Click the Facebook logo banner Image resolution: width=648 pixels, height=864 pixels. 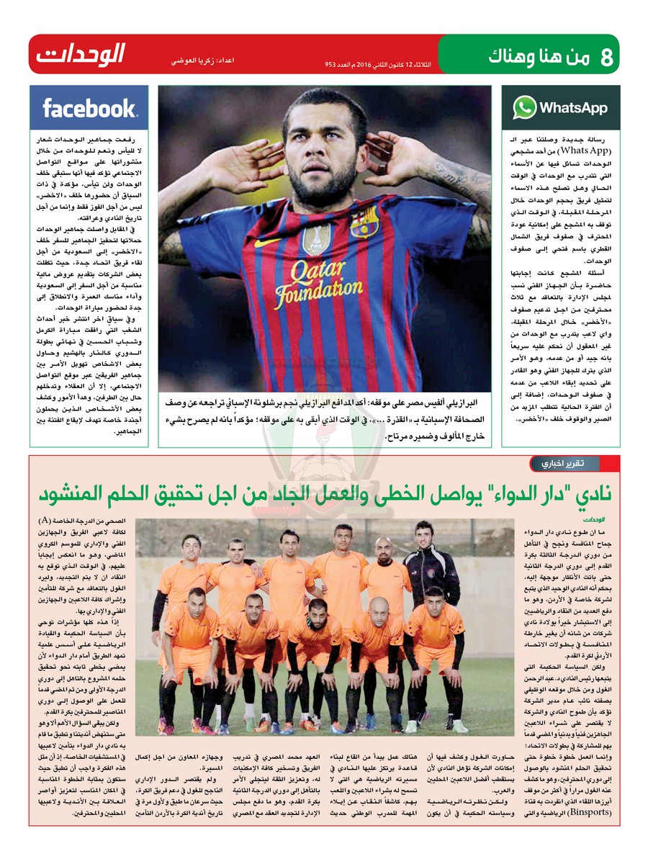pos(89,108)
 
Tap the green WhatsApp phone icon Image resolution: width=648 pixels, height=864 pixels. pos(524,108)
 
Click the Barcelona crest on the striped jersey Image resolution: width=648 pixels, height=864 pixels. pos(365,222)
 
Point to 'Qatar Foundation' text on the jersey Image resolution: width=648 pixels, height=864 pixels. pos(312,284)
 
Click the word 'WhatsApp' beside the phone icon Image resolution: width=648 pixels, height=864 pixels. pos(573,108)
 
